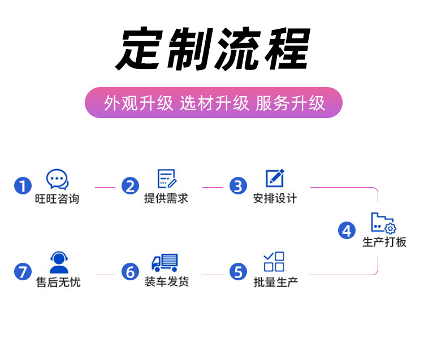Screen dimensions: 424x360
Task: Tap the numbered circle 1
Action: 23,185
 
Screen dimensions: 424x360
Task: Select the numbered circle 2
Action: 131,185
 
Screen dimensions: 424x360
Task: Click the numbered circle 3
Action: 238,185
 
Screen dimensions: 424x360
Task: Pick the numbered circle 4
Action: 347,230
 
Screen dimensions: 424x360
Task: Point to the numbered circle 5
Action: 238,272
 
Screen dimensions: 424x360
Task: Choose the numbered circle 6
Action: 131,272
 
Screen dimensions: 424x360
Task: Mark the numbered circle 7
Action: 23,272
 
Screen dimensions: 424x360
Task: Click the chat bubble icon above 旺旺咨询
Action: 57,179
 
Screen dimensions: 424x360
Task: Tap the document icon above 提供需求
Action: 167,179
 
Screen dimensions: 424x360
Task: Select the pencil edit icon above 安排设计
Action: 275,178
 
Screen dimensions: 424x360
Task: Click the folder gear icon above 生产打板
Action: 383,223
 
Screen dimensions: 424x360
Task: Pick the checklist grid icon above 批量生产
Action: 274,262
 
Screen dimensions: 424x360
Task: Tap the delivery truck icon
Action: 165,262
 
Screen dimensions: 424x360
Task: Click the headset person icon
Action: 59,262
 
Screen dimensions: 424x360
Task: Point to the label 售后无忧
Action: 58,281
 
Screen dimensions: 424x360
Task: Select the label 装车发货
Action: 166,281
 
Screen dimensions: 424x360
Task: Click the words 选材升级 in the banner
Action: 214,103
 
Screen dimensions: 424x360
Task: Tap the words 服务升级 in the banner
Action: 290,103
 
